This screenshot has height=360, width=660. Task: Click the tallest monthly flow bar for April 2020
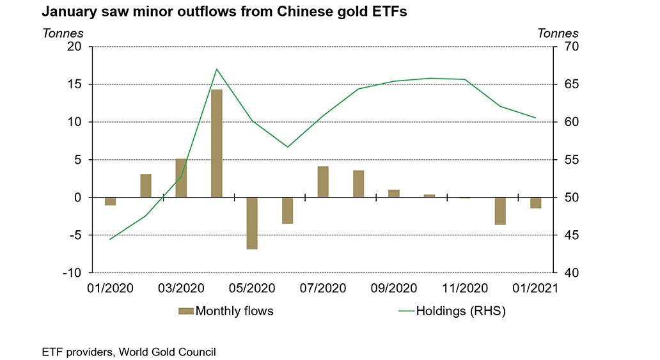[217, 143]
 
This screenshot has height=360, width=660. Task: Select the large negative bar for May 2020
[252, 223]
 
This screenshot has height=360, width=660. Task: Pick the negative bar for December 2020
[500, 211]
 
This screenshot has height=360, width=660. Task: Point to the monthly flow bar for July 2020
[323, 182]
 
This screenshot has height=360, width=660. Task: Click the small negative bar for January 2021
[535, 203]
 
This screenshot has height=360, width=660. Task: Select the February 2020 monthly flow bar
[146, 185]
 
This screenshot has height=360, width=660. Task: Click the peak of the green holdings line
[217, 69]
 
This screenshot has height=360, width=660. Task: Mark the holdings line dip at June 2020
[287, 146]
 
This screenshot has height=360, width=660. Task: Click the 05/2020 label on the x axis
[253, 288]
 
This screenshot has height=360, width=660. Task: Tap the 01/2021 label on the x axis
[535, 288]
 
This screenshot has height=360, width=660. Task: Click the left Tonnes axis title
[61, 33]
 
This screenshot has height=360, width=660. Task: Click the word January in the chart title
[67, 12]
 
